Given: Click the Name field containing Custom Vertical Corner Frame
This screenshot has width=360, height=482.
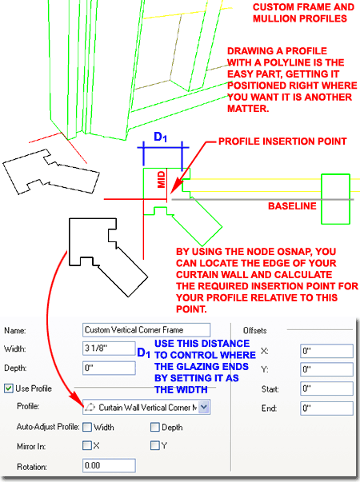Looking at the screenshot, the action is coord(146,330).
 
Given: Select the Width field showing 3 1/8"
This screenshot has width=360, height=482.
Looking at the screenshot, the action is coord(109,349).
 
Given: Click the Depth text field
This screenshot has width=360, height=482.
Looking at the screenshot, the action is coord(109,368).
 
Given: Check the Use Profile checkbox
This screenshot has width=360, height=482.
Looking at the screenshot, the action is coord(9,388).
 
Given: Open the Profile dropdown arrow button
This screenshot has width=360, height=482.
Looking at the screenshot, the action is coord(204,407).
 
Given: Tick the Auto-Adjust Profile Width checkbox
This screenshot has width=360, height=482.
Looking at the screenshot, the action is coord(87,427).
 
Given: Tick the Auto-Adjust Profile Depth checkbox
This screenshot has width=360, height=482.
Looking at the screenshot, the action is coord(154,427).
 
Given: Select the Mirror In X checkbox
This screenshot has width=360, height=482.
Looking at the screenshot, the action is coord(87,445).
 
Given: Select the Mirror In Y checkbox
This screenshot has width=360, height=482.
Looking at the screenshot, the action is coord(154,445).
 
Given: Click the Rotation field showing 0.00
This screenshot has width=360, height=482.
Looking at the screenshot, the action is coord(109,465).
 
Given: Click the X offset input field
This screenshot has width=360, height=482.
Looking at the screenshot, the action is coord(326,351).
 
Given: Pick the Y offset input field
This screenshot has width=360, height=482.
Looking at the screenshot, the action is coord(326,369).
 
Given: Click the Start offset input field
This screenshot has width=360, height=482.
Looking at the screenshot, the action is coord(326,388).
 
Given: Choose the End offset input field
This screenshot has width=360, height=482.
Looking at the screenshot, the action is coord(326,408).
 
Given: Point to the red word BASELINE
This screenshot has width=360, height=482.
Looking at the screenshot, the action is coord(292,206).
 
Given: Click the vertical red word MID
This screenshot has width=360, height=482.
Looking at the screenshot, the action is coord(162,180).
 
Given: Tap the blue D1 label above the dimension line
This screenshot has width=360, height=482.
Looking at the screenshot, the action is coord(160,137).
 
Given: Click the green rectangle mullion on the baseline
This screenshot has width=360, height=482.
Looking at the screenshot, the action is coord(336,199).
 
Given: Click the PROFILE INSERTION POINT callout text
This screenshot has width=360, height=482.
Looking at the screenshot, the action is coord(282,141).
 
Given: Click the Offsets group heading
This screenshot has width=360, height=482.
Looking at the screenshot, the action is coord(254,330).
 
